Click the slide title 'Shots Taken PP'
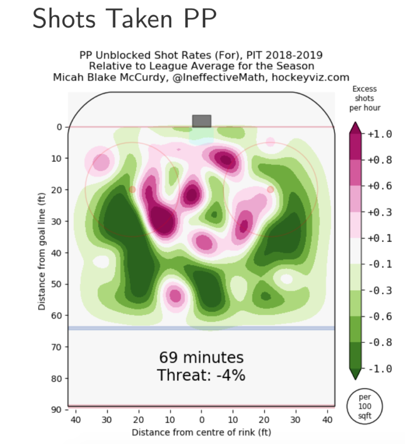[124, 19]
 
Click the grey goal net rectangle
[201, 121]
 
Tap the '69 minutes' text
[201, 358]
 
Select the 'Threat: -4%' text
[201, 376]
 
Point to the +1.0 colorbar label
[380, 134]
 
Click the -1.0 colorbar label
[380, 368]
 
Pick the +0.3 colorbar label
[380, 212]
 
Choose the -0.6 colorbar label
[380, 316]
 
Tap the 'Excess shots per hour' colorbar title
[364, 98]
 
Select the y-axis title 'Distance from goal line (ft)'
[42, 251]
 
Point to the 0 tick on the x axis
[201, 420]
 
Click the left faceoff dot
[132, 189]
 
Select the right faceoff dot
[271, 189]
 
